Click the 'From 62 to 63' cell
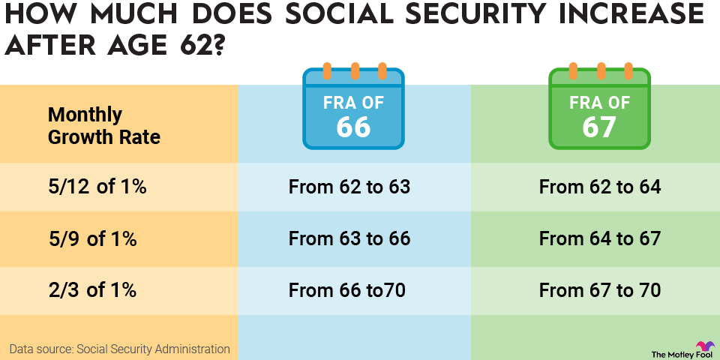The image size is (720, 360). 349,187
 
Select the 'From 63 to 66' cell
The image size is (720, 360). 349,238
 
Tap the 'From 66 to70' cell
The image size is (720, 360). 347,289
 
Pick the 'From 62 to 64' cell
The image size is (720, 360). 600,187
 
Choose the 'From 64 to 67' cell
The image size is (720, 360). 600,238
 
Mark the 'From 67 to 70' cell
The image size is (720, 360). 600,289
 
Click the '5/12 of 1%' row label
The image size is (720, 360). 97,187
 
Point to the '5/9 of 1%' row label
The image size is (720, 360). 92,238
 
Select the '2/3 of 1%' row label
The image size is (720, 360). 92,289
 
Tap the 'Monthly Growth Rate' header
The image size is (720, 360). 104,126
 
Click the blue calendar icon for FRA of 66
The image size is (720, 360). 353,109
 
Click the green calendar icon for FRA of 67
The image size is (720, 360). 600,109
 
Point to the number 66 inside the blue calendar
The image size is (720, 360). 353,127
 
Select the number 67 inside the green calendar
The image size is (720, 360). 600,127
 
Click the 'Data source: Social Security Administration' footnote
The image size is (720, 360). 120,349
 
